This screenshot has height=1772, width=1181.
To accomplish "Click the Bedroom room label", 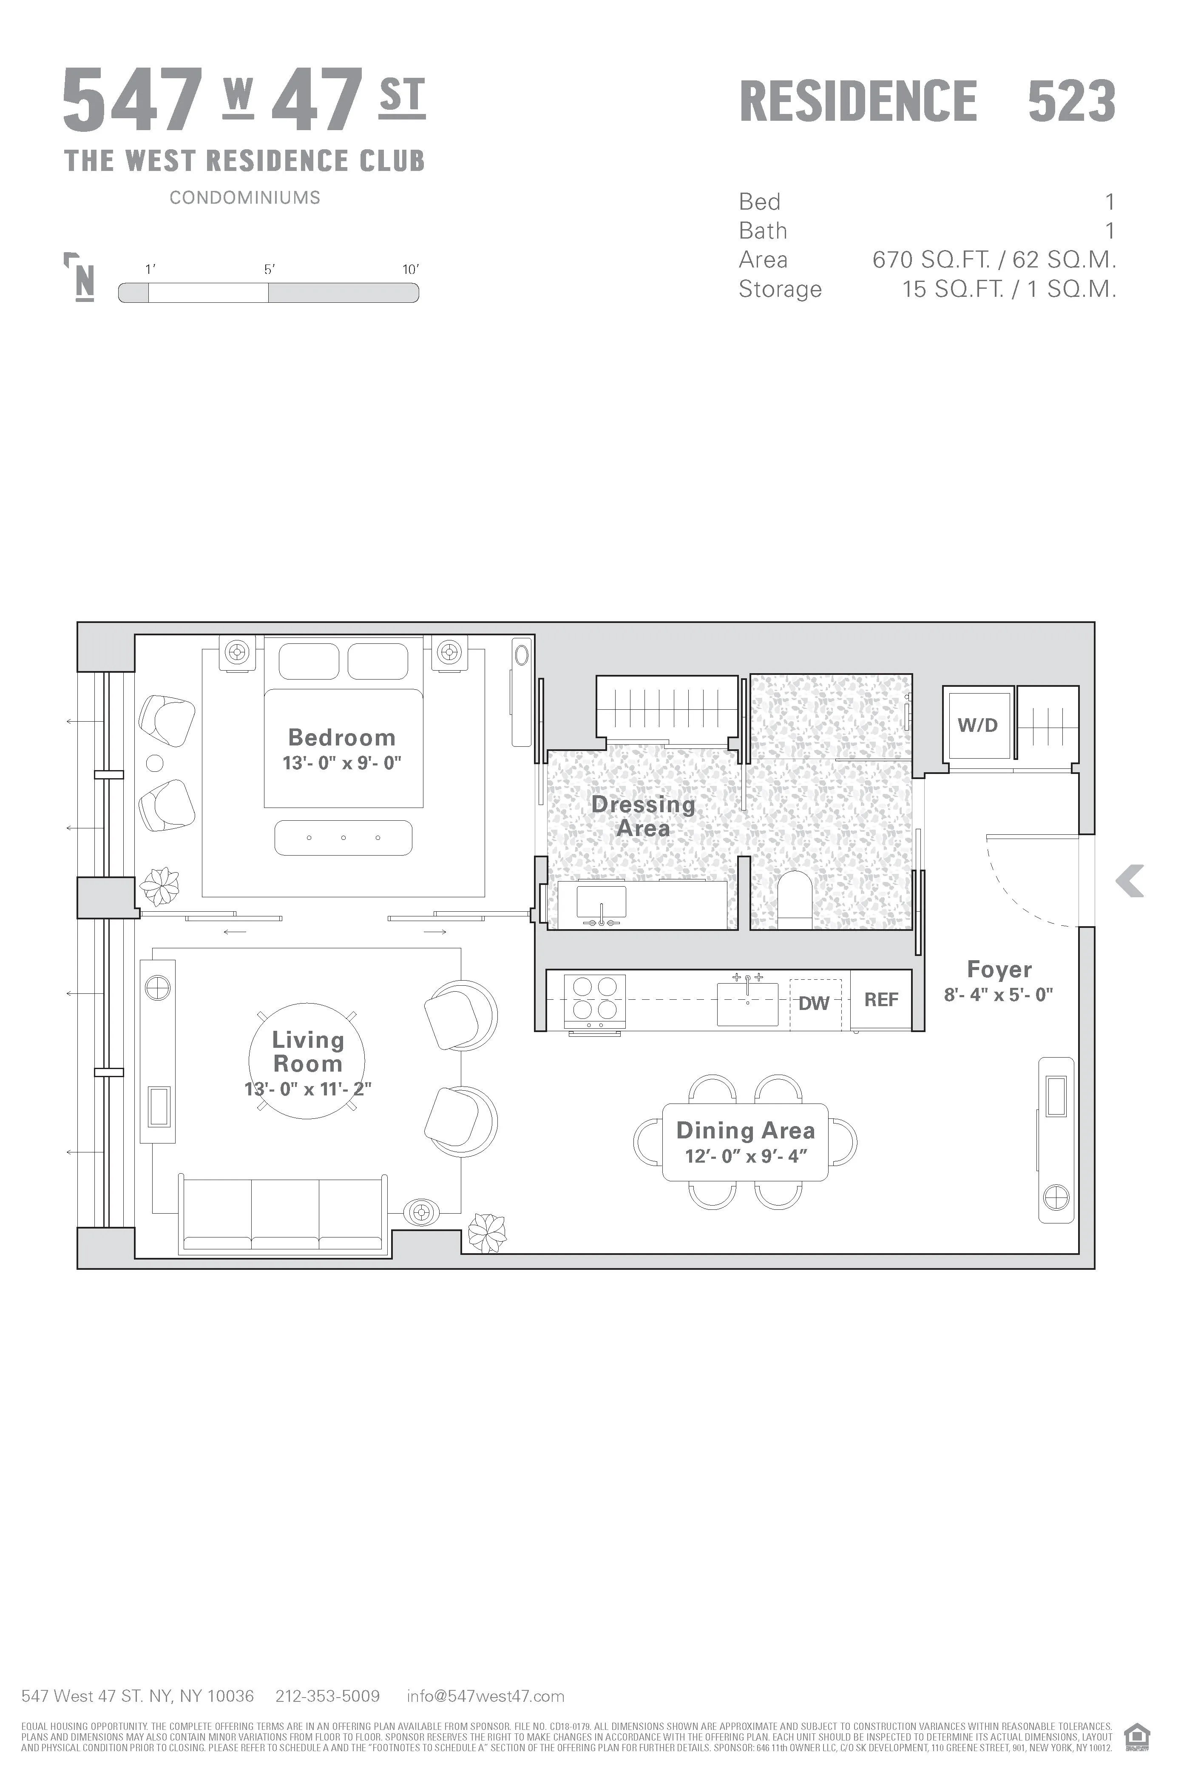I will coord(342,737).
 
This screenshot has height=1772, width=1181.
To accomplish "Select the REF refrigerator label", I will coord(881,1000).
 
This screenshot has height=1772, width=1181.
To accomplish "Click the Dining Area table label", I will coord(746,1131).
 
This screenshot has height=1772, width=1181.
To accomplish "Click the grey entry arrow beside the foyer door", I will coord(1130,881).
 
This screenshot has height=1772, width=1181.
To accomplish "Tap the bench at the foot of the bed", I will coord(344,838).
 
